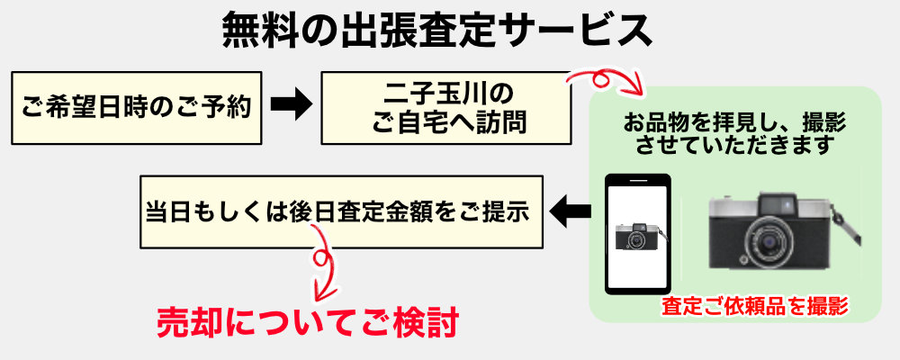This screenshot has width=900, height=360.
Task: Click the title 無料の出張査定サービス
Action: pyautogui.click(x=436, y=30)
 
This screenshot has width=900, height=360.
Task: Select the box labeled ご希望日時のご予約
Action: pyautogui.click(x=137, y=108)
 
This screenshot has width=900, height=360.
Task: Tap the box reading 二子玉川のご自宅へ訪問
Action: pyautogui.click(x=446, y=108)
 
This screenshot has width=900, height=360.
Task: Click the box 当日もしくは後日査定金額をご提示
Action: pyautogui.click(x=341, y=211)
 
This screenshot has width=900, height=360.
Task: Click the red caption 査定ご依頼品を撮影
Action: pyautogui.click(x=755, y=306)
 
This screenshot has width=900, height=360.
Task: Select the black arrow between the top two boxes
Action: pyautogui.click(x=291, y=104)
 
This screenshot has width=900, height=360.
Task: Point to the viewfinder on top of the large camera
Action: pyautogui.click(x=778, y=203)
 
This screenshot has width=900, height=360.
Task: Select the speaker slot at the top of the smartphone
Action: pyautogui.click(x=638, y=180)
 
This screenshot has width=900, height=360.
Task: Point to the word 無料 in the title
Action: pyautogui.click(x=257, y=31)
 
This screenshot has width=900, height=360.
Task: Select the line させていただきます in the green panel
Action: pyautogui.click(x=734, y=146)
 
